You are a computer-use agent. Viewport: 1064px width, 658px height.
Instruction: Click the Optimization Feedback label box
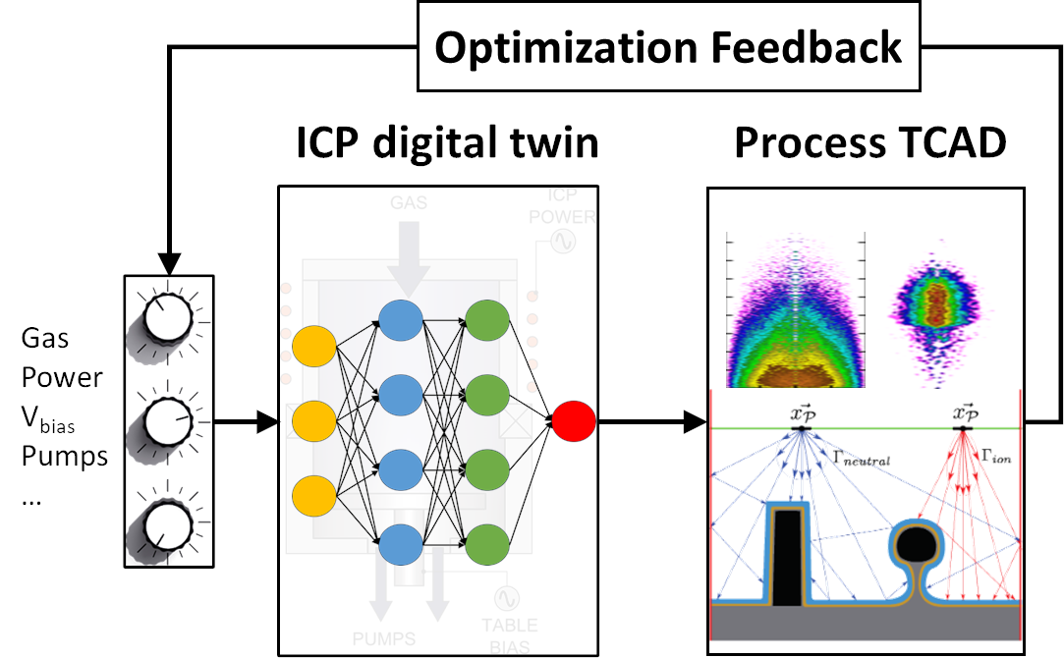668,47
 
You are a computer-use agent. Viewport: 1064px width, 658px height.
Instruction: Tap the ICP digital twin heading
447,144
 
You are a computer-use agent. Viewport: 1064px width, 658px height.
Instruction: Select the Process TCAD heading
869,144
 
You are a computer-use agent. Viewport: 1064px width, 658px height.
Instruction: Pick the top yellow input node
315,347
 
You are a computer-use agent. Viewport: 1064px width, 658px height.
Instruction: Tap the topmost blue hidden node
401,319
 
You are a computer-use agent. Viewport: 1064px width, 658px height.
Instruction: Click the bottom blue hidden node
401,543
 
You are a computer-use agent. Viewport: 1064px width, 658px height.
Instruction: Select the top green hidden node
486,319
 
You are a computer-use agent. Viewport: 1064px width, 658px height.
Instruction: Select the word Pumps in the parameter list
65,457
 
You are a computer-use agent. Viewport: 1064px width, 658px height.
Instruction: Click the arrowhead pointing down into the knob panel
169,263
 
